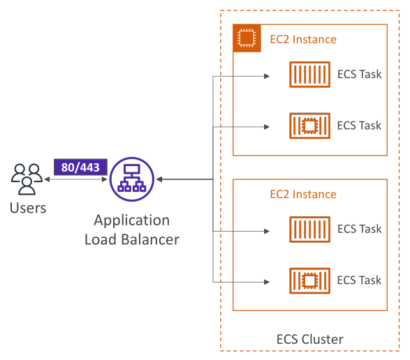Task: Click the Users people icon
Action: point(27,179)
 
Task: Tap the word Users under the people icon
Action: point(28,208)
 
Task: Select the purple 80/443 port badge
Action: point(80,167)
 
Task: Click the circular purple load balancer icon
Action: point(132,179)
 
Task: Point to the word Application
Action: point(132,221)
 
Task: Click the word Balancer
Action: point(150,239)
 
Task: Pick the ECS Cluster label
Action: point(310,339)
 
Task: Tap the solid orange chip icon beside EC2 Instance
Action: point(247,38)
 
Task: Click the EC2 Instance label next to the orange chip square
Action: point(303,40)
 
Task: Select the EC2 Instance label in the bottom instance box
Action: point(303,195)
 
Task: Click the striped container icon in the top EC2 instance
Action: point(309,75)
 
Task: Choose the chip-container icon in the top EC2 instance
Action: point(309,126)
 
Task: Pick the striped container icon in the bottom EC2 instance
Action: point(309,230)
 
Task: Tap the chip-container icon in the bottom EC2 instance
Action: point(309,281)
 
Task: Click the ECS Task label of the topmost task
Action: point(359,74)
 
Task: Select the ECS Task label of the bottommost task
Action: point(359,280)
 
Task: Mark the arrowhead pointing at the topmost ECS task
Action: point(267,76)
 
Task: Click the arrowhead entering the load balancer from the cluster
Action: point(159,179)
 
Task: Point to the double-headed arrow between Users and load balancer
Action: point(76,179)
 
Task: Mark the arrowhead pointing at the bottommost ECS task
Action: point(267,282)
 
